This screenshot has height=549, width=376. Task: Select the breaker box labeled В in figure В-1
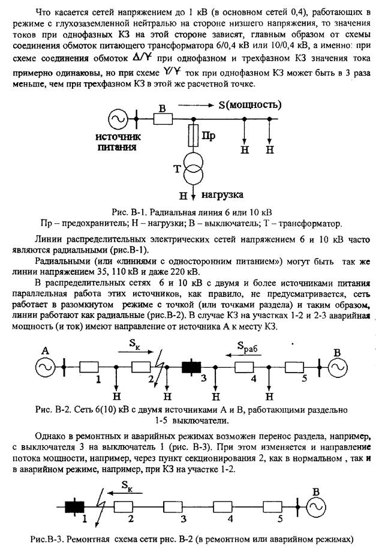(x=163, y=120)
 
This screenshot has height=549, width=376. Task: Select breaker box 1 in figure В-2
(x=88, y=366)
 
